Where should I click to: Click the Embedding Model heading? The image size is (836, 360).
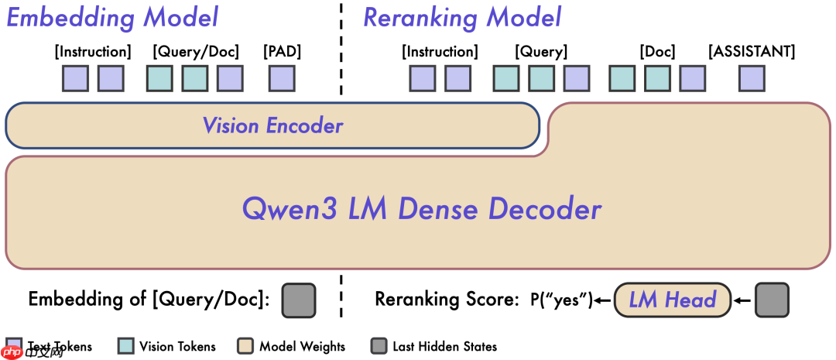tap(112, 17)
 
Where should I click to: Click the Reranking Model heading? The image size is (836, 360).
tap(462, 17)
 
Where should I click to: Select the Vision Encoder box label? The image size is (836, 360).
tap(272, 125)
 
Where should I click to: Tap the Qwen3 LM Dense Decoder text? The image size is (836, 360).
tap(422, 209)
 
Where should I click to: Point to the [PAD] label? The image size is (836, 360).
tap(282, 52)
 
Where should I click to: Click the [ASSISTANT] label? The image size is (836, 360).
tap(752, 52)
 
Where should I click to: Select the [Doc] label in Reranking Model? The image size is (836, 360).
tap(657, 52)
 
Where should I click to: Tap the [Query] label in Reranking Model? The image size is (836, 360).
tap(541, 52)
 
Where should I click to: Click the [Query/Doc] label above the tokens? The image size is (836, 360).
tap(196, 52)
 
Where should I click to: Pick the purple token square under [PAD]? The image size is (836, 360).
tap(282, 78)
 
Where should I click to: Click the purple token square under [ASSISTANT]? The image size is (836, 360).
tap(752, 78)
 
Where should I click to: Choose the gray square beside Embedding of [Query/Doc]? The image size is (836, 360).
tap(299, 300)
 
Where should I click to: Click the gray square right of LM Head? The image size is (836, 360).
tap(772, 300)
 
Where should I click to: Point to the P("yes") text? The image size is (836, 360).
tap(560, 300)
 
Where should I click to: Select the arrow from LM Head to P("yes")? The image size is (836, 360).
tap(602, 300)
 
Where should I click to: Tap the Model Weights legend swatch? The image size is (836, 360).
tap(245, 346)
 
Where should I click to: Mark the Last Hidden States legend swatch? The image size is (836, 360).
tap(379, 346)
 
